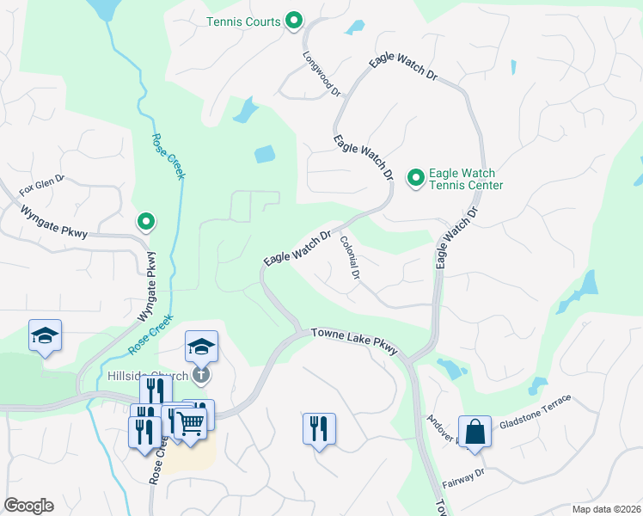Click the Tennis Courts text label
(x=244, y=21)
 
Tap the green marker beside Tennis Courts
(x=293, y=21)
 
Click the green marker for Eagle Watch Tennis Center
(x=415, y=178)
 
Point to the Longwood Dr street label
(x=322, y=72)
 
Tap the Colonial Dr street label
(x=349, y=257)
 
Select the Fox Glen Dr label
(x=42, y=186)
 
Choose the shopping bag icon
(x=475, y=431)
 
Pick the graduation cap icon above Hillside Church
(x=201, y=346)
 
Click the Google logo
(x=28, y=506)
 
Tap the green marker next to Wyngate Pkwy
(x=146, y=223)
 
